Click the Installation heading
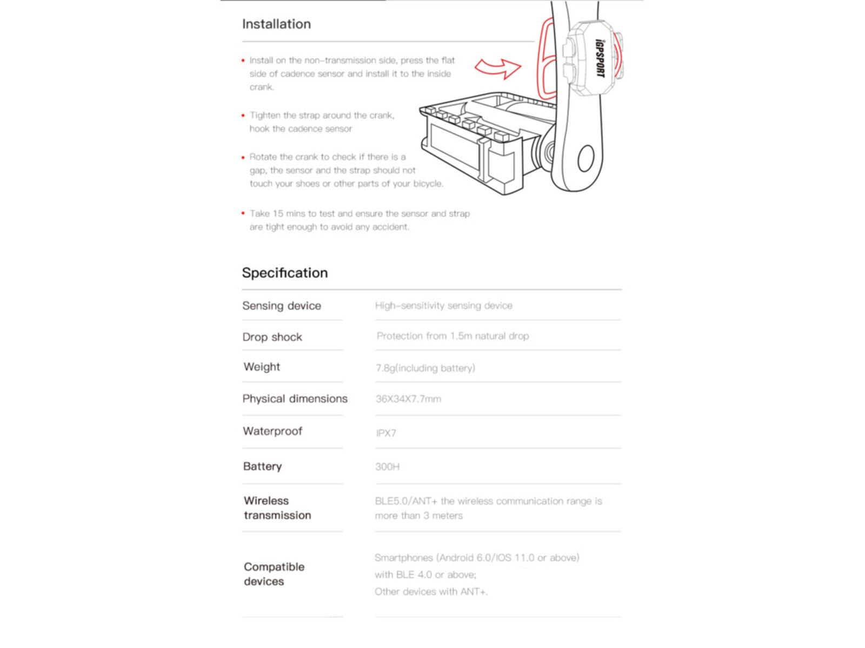coord(276,24)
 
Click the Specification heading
coord(285,273)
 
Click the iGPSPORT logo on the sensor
coord(600,58)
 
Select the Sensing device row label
coord(282,306)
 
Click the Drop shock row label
coord(272,337)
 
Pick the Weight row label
coord(262,367)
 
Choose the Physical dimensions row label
coord(295,399)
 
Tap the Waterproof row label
coord(272,431)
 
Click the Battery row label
coord(263,466)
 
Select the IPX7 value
coord(386,433)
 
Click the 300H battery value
coord(387,467)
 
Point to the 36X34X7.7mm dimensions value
coord(408,399)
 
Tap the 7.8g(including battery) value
coord(425,368)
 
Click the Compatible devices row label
coord(274,574)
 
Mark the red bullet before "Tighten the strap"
coord(243,115)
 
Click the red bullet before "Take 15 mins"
coord(243,213)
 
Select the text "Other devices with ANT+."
coord(431,592)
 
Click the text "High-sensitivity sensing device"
coord(443,306)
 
